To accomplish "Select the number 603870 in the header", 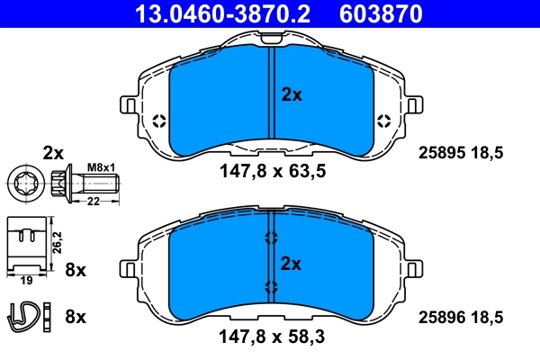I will click(378, 13).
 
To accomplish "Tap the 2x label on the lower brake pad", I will click(291, 264).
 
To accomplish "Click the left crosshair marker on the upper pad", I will click(159, 121).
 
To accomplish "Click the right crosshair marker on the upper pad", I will click(384, 121).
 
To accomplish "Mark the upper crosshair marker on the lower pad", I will click(271, 238).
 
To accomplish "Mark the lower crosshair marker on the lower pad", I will click(271, 287).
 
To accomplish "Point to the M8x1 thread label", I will click(100, 167).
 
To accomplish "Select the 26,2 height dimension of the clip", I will click(57, 243).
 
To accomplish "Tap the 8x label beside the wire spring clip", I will click(76, 316).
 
